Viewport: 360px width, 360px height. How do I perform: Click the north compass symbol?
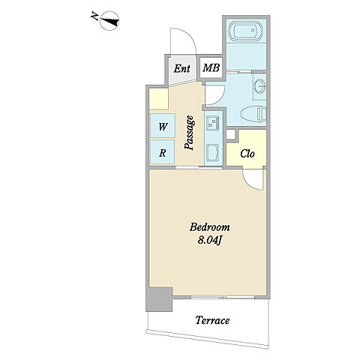109,21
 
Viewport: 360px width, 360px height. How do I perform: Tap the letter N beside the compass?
94,17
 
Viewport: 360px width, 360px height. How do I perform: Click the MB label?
211,68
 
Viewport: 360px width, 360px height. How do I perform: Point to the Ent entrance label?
181,68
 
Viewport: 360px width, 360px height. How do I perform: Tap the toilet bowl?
253,114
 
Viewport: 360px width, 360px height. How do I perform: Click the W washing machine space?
163,126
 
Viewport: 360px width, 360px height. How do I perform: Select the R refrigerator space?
163,152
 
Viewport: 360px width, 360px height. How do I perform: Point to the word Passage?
189,133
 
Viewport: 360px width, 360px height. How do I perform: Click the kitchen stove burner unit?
213,122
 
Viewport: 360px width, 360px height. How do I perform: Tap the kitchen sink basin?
213,153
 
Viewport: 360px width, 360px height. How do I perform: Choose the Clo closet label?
247,154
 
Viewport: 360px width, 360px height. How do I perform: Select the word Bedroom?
210,227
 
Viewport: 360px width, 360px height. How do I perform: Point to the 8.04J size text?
210,241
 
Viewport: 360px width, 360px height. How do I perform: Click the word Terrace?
212,320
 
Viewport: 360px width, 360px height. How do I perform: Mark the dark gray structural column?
159,299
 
